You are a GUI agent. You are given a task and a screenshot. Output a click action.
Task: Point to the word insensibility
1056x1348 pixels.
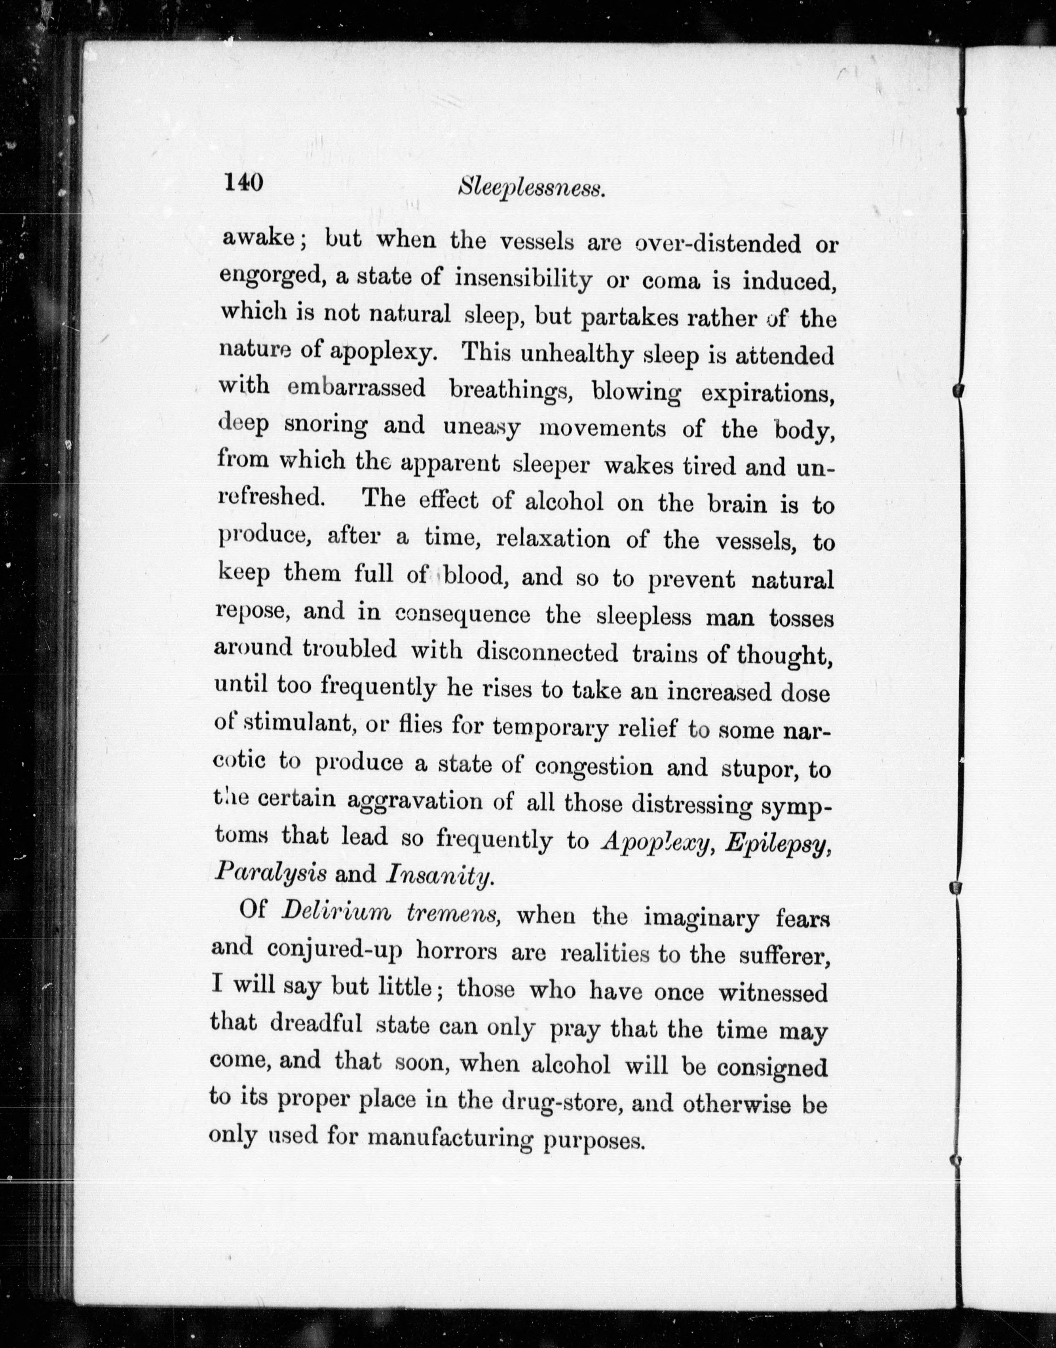523,279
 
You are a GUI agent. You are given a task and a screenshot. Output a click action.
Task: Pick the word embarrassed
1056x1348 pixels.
357,388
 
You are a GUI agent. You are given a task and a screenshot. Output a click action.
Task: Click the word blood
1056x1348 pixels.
475,576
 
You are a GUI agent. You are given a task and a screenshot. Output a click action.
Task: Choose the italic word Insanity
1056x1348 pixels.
439,875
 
